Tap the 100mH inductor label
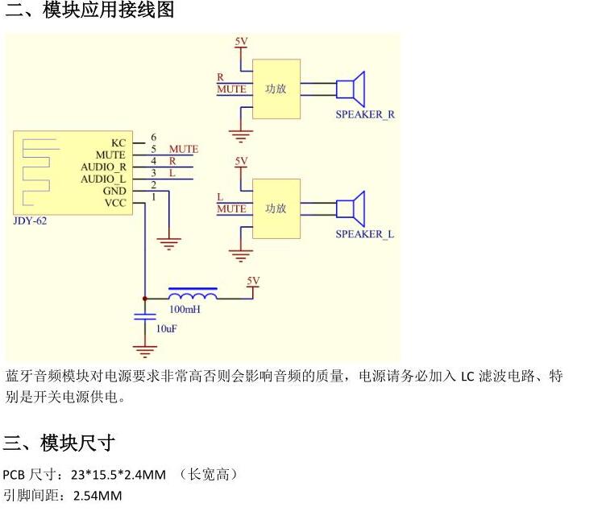point(185,309)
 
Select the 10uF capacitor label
point(166,329)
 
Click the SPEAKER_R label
point(365,114)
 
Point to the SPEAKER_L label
point(365,234)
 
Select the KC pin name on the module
point(118,142)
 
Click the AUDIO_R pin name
point(103,167)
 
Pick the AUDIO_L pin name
point(103,179)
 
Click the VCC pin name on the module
point(115,203)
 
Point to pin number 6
point(153,138)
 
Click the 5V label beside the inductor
point(254,281)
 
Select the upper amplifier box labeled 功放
point(276,89)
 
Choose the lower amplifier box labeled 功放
point(276,208)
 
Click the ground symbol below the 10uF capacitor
point(145,350)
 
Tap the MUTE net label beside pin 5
point(183,150)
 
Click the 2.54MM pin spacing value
point(98,496)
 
